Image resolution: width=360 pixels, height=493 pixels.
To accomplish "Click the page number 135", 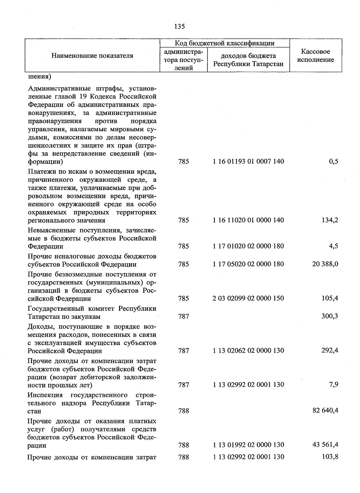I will pyautogui.click(x=179, y=26).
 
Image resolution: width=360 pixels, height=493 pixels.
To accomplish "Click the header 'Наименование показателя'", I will pyautogui.click(x=92, y=56).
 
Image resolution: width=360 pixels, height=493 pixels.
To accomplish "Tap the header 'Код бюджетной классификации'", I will pyautogui.click(x=224, y=43).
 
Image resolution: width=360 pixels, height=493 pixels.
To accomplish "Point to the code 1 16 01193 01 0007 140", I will pyautogui.click(x=248, y=162).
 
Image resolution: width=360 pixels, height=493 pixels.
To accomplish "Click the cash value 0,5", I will pyautogui.click(x=333, y=162).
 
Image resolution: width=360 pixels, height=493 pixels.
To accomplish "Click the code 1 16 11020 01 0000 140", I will pyautogui.click(x=248, y=220).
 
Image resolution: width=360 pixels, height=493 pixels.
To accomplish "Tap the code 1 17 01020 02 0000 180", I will pyautogui.click(x=248, y=246).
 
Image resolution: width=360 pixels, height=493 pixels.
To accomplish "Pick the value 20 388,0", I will pyautogui.click(x=325, y=264).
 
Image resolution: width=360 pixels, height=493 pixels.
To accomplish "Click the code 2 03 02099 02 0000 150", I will pyautogui.click(x=248, y=298).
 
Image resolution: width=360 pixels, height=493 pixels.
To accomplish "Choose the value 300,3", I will pyautogui.click(x=330, y=316).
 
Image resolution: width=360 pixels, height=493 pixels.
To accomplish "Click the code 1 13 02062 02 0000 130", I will pyautogui.click(x=248, y=351).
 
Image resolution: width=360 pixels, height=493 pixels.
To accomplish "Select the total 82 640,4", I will pyautogui.click(x=325, y=410).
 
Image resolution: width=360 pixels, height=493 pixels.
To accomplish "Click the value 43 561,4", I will pyautogui.click(x=325, y=445).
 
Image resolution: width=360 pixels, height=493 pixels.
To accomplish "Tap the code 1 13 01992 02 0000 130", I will pyautogui.click(x=248, y=445).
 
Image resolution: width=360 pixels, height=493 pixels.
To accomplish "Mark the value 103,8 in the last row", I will pyautogui.click(x=330, y=457).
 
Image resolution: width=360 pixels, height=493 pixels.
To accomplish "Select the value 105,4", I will pyautogui.click(x=330, y=298).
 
